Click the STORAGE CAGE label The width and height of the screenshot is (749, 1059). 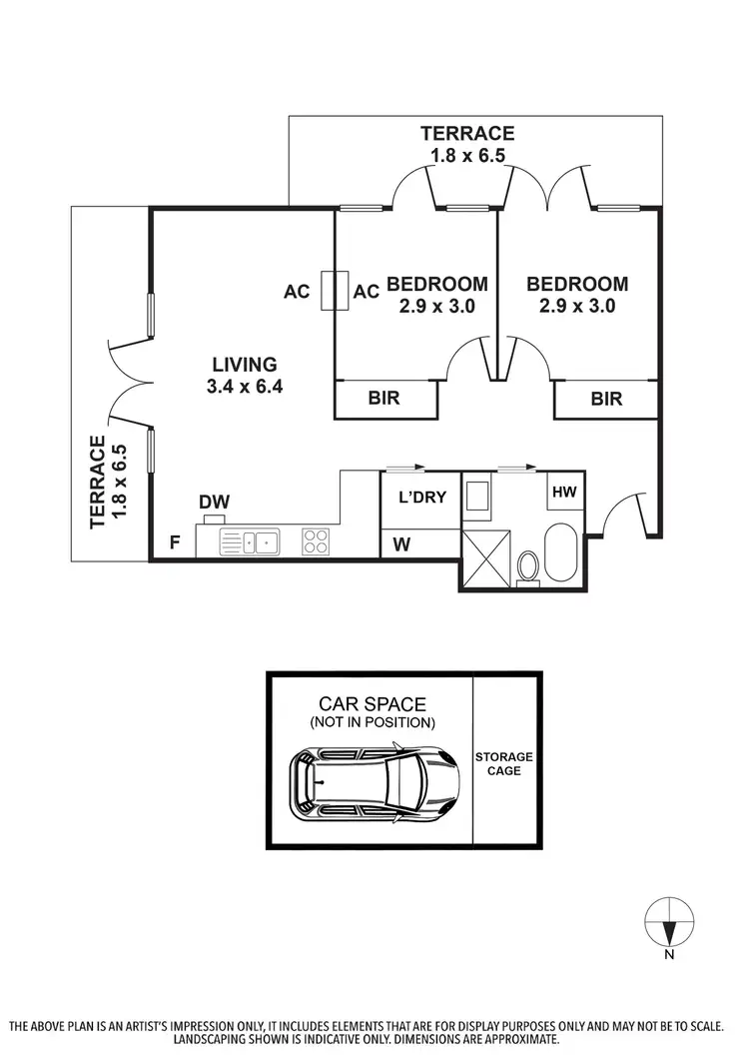pyautogui.click(x=503, y=763)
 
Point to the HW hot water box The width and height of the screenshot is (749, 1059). pyautogui.click(x=564, y=493)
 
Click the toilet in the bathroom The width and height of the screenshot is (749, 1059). pyautogui.click(x=527, y=565)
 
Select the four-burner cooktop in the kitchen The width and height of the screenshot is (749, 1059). pyautogui.click(x=317, y=541)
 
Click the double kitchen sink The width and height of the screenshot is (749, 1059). pyautogui.click(x=250, y=542)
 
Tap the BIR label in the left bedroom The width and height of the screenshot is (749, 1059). pyautogui.click(x=383, y=399)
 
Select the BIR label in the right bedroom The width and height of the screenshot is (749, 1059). pyautogui.click(x=605, y=399)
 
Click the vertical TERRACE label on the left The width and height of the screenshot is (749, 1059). pyautogui.click(x=97, y=482)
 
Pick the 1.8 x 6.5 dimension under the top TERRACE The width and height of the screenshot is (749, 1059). pyautogui.click(x=467, y=155)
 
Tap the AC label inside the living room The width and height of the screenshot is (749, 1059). pyautogui.click(x=297, y=292)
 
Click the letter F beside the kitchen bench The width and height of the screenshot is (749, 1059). pyautogui.click(x=175, y=543)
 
